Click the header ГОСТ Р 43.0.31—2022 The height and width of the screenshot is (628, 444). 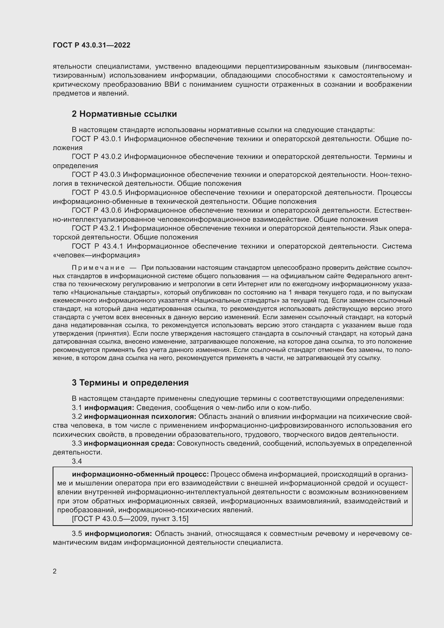tap(91, 45)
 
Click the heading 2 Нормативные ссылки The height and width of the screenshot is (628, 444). tap(124, 114)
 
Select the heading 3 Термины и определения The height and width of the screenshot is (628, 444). tap(130, 383)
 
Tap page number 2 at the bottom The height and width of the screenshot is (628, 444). tap(55, 571)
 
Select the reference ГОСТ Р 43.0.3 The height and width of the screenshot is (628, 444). tap(96, 175)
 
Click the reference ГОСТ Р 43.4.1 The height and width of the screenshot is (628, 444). tap(97, 246)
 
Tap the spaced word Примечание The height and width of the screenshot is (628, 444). tap(98, 267)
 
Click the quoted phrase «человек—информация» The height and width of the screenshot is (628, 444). tap(96, 255)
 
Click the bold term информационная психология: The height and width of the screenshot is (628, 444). tap(140, 417)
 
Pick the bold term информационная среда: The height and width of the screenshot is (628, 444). tap(129, 443)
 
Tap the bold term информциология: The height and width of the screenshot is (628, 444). tap(118, 534)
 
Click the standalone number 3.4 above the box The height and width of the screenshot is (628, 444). tap(77, 462)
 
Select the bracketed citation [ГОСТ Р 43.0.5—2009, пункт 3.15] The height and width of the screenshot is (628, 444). tap(130, 519)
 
